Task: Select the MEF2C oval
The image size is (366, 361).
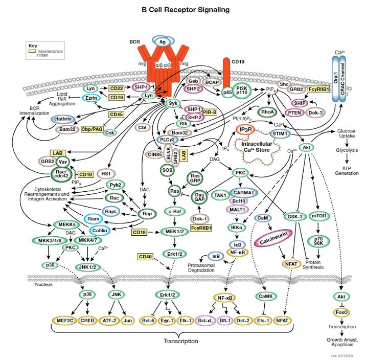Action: pos(64,320)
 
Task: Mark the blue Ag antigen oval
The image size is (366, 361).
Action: pos(163,41)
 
